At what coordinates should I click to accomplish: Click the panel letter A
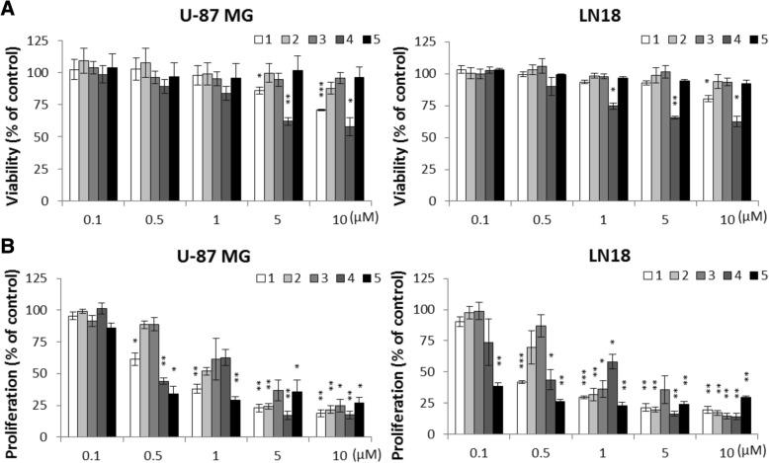[x=9, y=9]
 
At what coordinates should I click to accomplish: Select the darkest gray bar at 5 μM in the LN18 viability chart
[x=674, y=159]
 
